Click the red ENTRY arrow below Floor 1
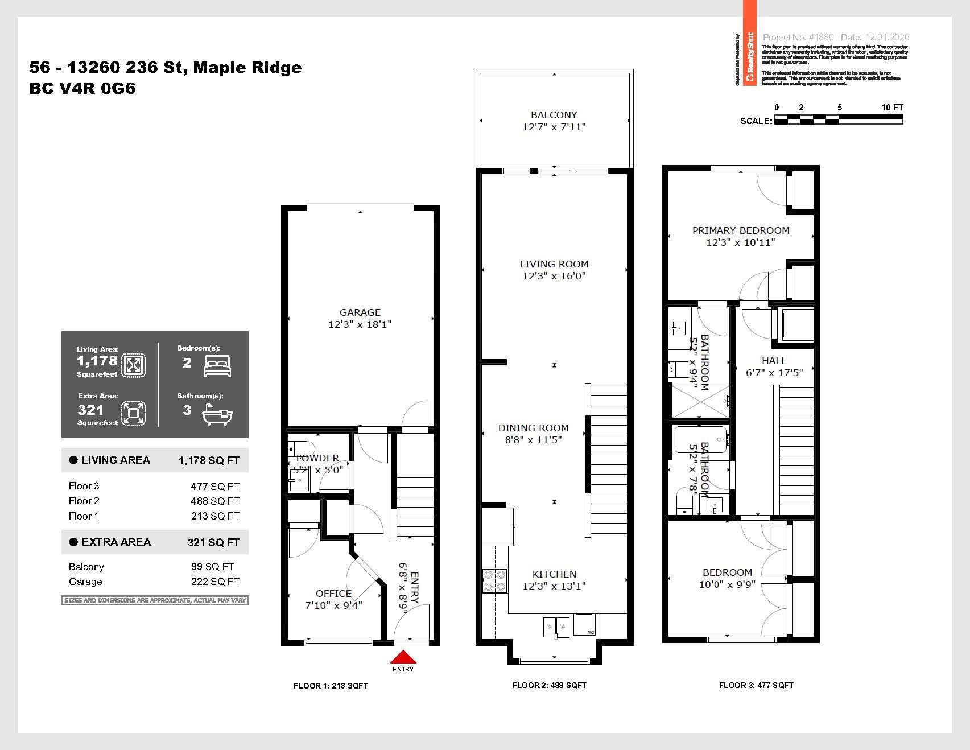tap(403, 658)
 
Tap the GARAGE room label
tap(360, 312)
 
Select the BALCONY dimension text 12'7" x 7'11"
tap(554, 127)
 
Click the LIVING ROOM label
tap(554, 264)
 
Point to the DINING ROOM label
tap(533, 428)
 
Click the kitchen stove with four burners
tap(494, 580)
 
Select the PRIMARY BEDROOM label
tap(740, 230)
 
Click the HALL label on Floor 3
tap(774, 361)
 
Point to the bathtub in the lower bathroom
tap(700, 439)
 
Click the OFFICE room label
tap(333, 594)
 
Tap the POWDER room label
tap(317, 458)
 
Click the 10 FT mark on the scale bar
tap(892, 108)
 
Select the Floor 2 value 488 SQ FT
tap(214, 501)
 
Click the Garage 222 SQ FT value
tap(214, 582)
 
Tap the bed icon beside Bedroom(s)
tap(217, 366)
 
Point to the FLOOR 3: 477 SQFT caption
tap(756, 685)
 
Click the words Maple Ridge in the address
tap(247, 68)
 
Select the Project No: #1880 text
tap(798, 37)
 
